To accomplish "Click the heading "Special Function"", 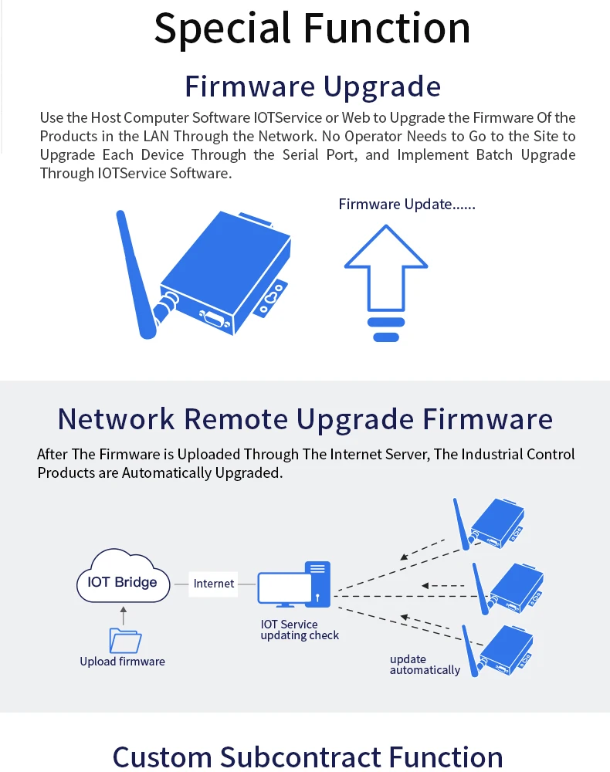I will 312,28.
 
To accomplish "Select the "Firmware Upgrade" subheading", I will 312,86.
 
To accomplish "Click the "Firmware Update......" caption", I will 407,205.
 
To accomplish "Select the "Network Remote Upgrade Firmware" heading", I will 305,419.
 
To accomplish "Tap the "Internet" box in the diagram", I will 214,583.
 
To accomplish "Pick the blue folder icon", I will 125,640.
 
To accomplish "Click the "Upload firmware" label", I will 122,662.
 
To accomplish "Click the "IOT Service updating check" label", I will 300,630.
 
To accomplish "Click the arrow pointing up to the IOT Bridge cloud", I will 123,615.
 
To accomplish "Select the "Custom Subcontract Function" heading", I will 307,757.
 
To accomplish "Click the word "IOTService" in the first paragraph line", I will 283,118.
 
